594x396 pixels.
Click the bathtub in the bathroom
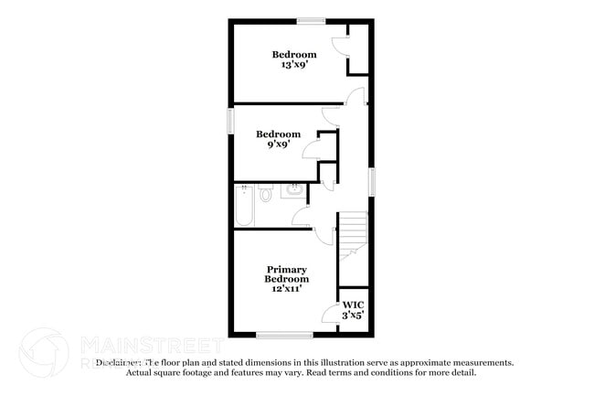tap(243, 206)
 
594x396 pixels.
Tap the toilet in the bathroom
tap(266, 194)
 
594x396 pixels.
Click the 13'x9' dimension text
tap(294, 67)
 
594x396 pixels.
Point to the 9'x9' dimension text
tap(279, 144)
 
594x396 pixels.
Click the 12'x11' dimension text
tap(286, 289)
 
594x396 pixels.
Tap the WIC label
tap(353, 304)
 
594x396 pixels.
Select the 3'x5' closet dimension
tap(353, 316)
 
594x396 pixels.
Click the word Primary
tap(286, 269)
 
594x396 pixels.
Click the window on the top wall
tap(311, 20)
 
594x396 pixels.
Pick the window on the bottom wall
tap(284, 336)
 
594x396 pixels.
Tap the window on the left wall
tap(230, 122)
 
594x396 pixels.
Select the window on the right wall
tap(372, 180)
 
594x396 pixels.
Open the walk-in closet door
tap(330, 316)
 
